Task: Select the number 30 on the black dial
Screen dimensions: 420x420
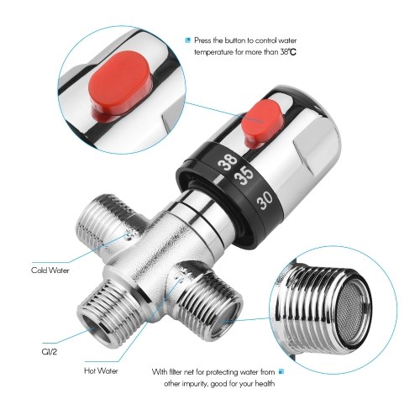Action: (x=265, y=200)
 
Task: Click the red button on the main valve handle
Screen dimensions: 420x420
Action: (x=262, y=123)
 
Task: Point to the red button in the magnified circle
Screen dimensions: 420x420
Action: (x=120, y=84)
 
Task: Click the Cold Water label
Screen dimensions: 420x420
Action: (x=50, y=270)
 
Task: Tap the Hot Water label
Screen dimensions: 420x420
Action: (x=101, y=371)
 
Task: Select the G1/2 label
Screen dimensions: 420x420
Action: (x=50, y=352)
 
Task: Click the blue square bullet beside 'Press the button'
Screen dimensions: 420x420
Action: (x=188, y=40)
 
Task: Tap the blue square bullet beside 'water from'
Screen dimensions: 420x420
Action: (x=281, y=372)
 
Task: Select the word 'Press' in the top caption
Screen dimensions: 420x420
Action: (x=202, y=40)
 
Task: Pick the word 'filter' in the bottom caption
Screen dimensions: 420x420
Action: (x=176, y=372)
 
